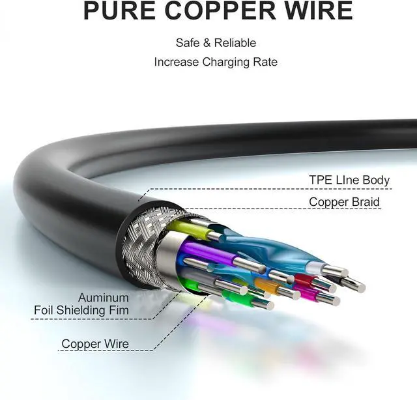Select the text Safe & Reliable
point(216,43)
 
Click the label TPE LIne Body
point(349,180)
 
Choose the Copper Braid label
point(344,202)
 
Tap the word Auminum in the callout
point(104,296)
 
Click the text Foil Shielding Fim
point(81,310)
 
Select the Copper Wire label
point(95,344)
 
